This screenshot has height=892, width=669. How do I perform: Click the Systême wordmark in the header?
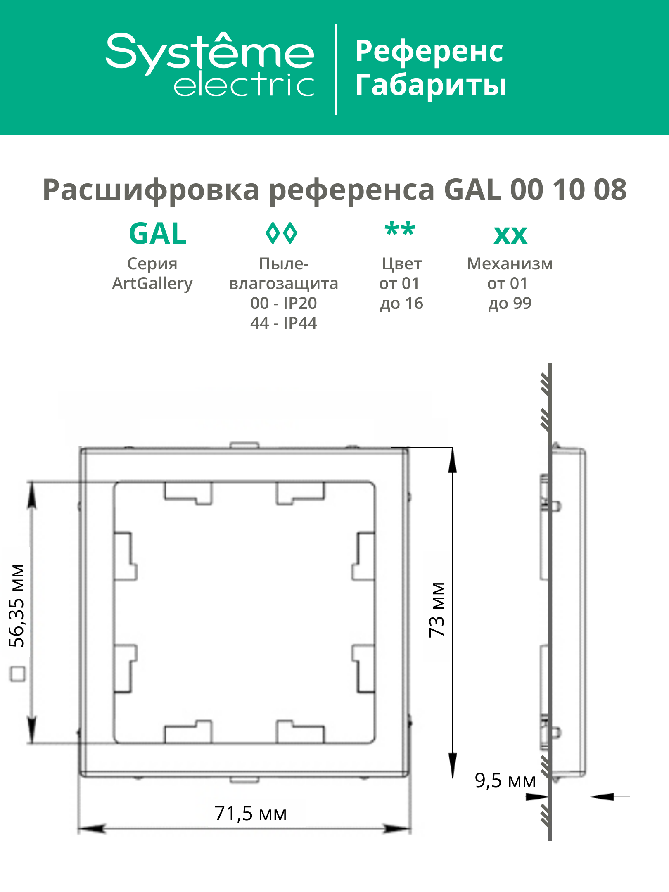pyautogui.click(x=210, y=53)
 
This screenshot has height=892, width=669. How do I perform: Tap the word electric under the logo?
pyautogui.click(x=244, y=85)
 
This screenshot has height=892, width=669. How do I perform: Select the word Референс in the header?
pyautogui.click(x=429, y=52)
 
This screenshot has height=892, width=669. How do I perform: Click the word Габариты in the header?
pyautogui.click(x=431, y=85)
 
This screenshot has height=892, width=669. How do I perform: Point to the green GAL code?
pyautogui.click(x=157, y=234)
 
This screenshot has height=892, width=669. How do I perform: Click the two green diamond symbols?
pyautogui.click(x=281, y=233)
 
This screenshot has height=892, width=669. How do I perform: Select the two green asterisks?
pyautogui.click(x=400, y=230)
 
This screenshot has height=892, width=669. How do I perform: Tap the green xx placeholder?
pyautogui.click(x=510, y=236)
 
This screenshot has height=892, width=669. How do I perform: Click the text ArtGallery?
pyautogui.click(x=152, y=283)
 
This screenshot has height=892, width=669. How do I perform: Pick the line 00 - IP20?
pyautogui.click(x=283, y=303)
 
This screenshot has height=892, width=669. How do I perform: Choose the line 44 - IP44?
pyautogui.click(x=283, y=323)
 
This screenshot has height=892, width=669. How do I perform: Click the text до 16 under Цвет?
pyautogui.click(x=401, y=304)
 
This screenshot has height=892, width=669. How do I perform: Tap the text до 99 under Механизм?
pyautogui.click(x=510, y=304)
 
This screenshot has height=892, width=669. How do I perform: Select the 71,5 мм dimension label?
pyautogui.click(x=250, y=814)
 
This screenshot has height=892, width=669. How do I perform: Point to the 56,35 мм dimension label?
pyautogui.click(x=17, y=605)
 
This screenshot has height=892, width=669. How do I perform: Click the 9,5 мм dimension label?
pyautogui.click(x=505, y=780)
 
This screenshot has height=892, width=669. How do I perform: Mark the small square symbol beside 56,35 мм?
pyautogui.click(x=17, y=674)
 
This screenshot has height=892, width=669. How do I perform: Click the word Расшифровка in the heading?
pyautogui.click(x=151, y=190)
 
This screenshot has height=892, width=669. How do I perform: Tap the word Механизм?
pyautogui.click(x=510, y=263)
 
